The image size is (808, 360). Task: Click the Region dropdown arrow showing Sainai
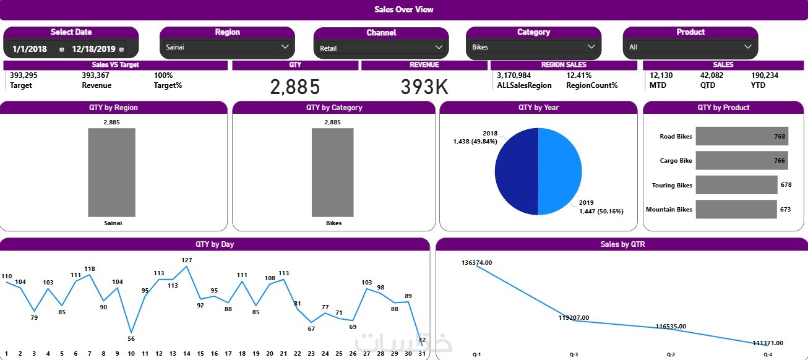(285, 46)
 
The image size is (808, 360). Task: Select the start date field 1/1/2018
(30, 49)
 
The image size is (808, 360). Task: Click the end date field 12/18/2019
(93, 49)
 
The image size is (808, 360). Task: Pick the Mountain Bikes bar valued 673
(736, 209)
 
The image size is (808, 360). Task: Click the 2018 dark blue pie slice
(517, 171)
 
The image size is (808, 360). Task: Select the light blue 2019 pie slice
(560, 171)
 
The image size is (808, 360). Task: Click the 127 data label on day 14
(187, 260)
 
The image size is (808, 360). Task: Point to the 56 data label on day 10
(131, 339)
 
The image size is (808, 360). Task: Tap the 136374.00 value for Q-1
(476, 263)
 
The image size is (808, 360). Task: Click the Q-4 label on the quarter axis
(768, 354)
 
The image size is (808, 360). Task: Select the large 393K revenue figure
(424, 87)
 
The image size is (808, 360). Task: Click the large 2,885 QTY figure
(295, 87)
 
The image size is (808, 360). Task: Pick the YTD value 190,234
(765, 75)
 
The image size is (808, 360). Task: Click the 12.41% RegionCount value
(579, 75)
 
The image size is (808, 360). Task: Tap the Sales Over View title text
(404, 9)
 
